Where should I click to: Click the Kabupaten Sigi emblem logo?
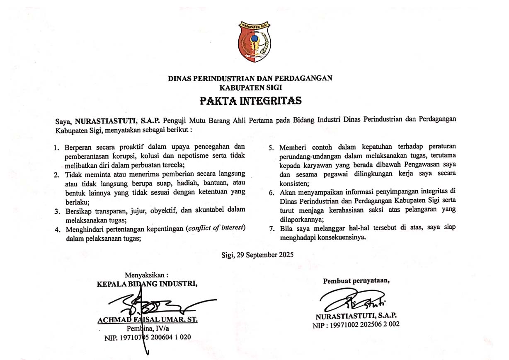coord(254,41)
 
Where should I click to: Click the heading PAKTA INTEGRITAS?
coord(250,101)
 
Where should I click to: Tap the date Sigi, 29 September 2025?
coord(257,255)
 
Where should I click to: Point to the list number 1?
coord(56,147)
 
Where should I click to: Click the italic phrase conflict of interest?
coord(216,228)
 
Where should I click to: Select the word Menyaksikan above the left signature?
coord(146,274)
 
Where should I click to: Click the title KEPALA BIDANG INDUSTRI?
coord(147,284)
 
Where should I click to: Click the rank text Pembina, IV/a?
coord(147,328)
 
